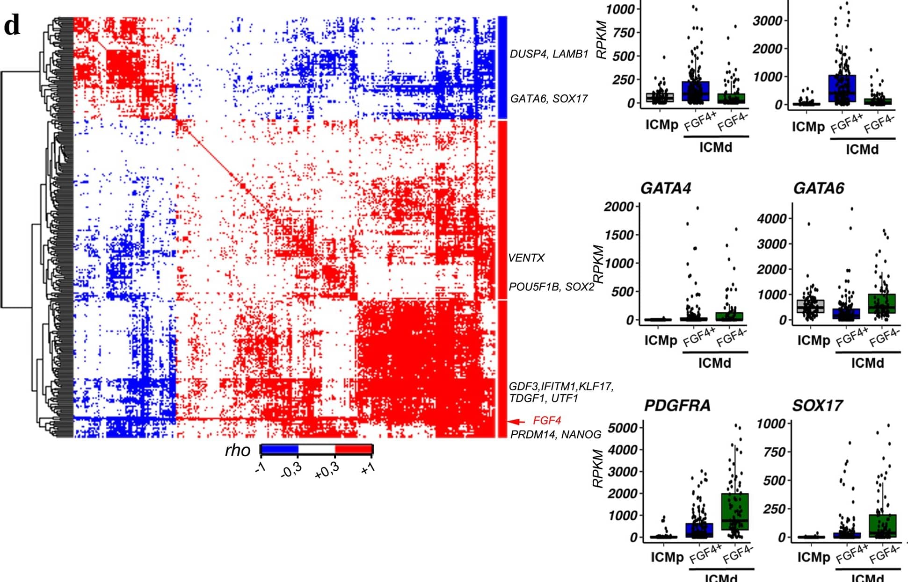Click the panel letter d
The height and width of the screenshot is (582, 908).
click(x=12, y=26)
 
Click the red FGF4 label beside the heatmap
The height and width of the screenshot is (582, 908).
click(x=546, y=421)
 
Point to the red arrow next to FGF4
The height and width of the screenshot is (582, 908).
click(x=516, y=421)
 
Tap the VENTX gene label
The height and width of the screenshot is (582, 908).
click(x=526, y=258)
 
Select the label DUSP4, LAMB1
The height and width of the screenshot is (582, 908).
click(x=549, y=54)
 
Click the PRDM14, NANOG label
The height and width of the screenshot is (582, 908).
click(x=555, y=435)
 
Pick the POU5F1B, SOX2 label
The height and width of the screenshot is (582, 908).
click(x=551, y=287)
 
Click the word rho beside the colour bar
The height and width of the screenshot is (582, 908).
click(x=238, y=451)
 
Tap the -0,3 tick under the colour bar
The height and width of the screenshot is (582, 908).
click(x=291, y=470)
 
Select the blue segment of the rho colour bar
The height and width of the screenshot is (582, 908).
click(x=279, y=450)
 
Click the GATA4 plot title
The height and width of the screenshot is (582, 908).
click(x=665, y=188)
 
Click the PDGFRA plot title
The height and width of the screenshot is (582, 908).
click(x=677, y=406)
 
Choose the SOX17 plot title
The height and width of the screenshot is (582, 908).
click(x=817, y=406)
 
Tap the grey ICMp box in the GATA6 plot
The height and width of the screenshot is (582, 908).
click(x=811, y=306)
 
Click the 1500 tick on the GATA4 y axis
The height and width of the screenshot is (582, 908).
click(x=619, y=235)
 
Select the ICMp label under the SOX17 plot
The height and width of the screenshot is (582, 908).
click(x=814, y=557)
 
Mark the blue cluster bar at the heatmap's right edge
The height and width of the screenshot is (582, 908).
click(x=502, y=67)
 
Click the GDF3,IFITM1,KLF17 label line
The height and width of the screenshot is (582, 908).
click(x=560, y=387)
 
